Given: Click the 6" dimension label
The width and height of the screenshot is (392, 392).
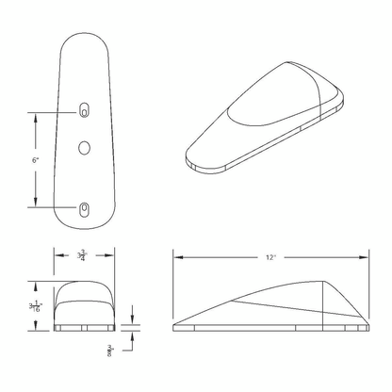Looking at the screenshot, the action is click(35, 160).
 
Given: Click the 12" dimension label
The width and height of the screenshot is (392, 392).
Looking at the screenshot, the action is click(270, 257).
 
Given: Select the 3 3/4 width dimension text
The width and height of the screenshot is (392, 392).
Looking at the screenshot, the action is click(82, 255).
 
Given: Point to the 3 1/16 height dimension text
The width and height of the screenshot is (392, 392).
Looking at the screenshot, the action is click(36, 306).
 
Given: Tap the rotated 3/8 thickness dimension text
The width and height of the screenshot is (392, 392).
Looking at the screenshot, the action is click(110, 351).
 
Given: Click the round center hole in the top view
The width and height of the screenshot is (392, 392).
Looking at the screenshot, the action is click(84, 148).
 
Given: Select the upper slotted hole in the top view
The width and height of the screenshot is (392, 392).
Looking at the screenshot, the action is click(84, 110).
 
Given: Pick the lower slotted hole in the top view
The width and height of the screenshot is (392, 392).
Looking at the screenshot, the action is click(84, 209).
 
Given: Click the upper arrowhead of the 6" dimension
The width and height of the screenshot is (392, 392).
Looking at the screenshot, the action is click(35, 119).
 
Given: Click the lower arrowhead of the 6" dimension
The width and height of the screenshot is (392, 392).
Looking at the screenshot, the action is click(35, 202).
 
